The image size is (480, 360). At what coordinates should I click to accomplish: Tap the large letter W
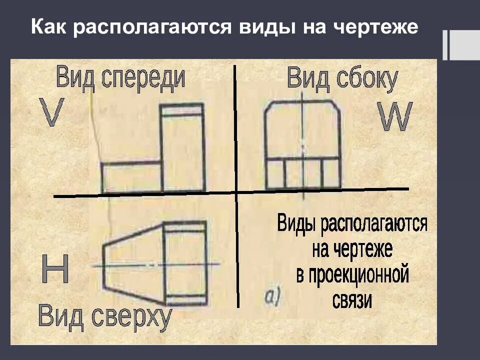click(x=395, y=117)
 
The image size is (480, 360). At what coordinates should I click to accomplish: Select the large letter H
click(x=55, y=270)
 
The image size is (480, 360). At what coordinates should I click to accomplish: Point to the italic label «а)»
click(x=273, y=297)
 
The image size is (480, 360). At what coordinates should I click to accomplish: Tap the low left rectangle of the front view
click(x=132, y=177)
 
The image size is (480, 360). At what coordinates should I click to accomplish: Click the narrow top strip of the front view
click(x=182, y=109)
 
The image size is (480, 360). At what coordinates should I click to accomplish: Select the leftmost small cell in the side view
click(x=275, y=173)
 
